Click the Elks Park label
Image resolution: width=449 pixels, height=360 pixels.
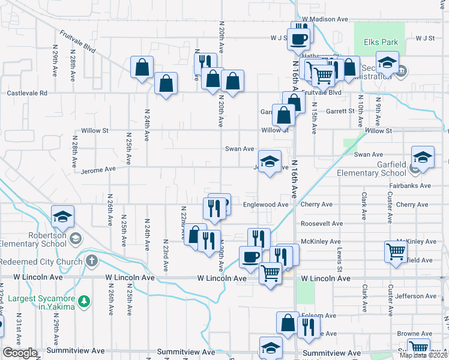coord(381,43)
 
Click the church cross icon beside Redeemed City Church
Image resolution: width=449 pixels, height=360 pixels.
coord(91,261)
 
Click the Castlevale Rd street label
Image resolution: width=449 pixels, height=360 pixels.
coord(26,94)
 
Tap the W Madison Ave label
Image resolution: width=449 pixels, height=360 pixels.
coord(325,19)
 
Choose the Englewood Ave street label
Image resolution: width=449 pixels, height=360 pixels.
coord(266,205)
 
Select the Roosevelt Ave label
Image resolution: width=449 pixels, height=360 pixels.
coord(321,223)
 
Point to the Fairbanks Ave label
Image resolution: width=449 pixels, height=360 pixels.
coord(409,186)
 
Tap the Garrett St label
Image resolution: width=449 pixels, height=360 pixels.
coord(340,111)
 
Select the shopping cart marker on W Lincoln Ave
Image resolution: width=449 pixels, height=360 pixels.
coord(271,273)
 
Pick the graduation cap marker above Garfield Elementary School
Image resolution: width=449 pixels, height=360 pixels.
coord(423,158)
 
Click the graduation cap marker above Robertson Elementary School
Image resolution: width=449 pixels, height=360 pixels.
coord(62,218)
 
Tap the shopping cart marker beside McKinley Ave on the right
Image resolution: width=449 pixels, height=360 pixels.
coord(396,251)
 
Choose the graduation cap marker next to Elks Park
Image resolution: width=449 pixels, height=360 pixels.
coord(387,62)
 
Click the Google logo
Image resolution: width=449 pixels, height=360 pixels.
coord(20,353)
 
